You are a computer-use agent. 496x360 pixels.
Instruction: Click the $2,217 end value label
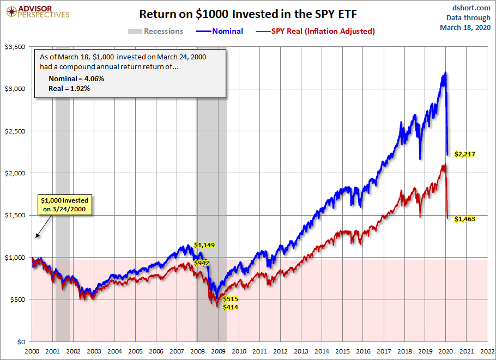[465, 154]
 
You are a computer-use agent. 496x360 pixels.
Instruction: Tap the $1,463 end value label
[465, 219]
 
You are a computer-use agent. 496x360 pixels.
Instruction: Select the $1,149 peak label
[205, 245]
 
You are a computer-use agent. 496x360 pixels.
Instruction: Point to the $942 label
[202, 263]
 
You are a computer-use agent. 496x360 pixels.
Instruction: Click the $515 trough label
[230, 299]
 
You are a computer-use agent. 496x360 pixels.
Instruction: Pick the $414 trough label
[230, 307]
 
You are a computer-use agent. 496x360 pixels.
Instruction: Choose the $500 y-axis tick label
[19, 300]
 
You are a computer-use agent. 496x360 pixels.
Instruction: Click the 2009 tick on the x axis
[218, 351]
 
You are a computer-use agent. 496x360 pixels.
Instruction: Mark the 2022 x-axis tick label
[487, 351]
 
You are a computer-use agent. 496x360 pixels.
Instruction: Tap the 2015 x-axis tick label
[342, 351]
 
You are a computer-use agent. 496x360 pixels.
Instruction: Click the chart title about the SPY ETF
[248, 14]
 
